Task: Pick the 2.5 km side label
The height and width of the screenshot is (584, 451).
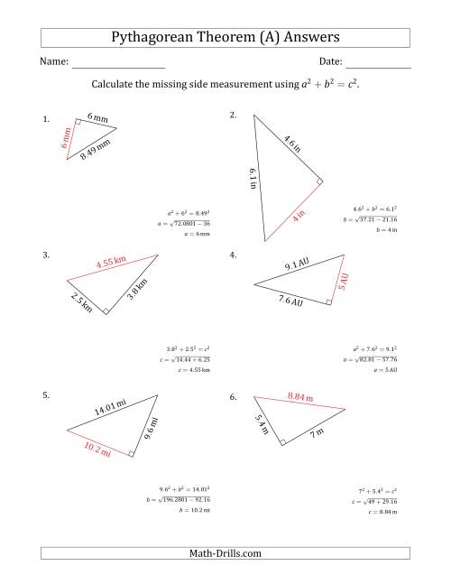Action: (x=81, y=301)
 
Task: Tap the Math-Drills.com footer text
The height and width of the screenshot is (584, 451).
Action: (x=225, y=553)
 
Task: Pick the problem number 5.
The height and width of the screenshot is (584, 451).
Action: (x=46, y=395)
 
